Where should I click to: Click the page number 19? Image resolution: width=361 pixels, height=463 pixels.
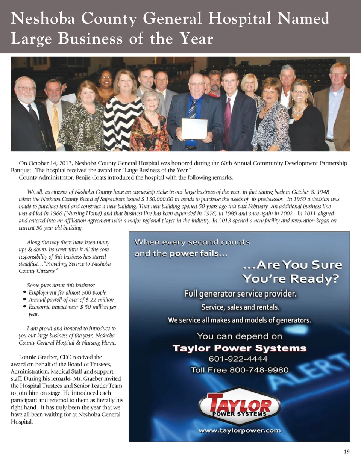347,451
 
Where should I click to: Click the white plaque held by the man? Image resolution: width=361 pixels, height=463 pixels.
194,129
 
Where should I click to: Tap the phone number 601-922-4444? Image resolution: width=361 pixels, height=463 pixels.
238,359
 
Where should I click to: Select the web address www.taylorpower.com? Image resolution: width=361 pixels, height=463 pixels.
240,431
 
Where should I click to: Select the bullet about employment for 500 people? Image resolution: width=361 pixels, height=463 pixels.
67,292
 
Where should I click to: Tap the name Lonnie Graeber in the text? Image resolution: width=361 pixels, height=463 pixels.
33,357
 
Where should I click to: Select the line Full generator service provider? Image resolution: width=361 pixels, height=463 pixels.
240,294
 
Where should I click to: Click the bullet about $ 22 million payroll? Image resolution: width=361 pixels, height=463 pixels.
71,300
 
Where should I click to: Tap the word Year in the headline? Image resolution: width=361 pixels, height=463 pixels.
194,39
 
